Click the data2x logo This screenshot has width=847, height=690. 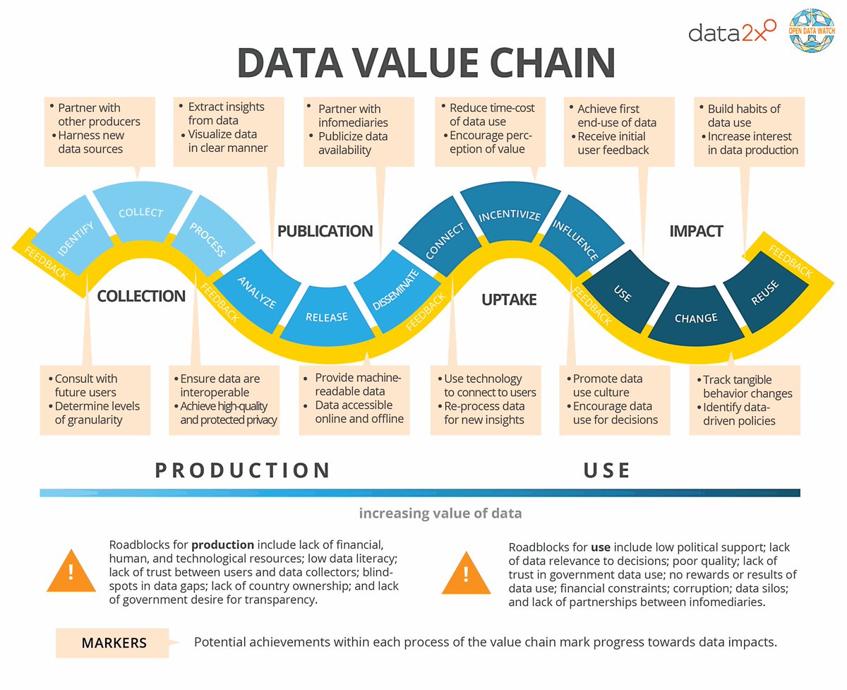[731, 32]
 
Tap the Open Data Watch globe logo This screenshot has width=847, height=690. [816, 32]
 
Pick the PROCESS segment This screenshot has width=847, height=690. [208, 239]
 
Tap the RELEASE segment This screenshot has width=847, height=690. [326, 317]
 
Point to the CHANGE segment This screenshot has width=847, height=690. [695, 318]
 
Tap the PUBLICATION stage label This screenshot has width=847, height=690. [325, 231]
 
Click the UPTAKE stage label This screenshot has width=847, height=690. [508, 300]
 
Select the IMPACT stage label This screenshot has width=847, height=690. [695, 231]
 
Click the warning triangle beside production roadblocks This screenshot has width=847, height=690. [71, 571]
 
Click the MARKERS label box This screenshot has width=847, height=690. [113, 643]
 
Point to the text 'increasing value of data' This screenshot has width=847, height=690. [440, 513]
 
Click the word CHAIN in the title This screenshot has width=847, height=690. [541, 64]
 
